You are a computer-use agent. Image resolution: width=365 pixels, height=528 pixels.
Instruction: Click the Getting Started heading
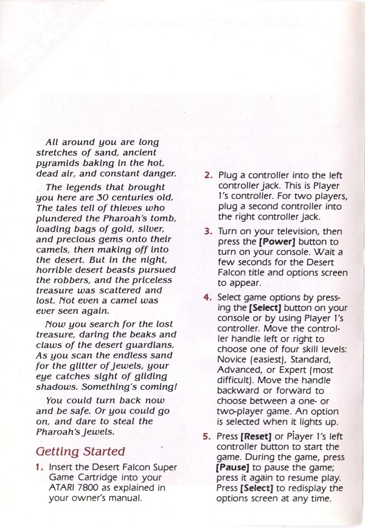pos(80,452)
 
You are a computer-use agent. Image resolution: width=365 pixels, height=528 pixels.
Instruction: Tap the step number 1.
pos(40,467)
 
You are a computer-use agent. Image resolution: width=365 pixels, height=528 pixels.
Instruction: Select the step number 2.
pos(208,175)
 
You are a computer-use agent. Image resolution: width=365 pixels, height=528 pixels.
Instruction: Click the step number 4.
pos(208,297)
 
